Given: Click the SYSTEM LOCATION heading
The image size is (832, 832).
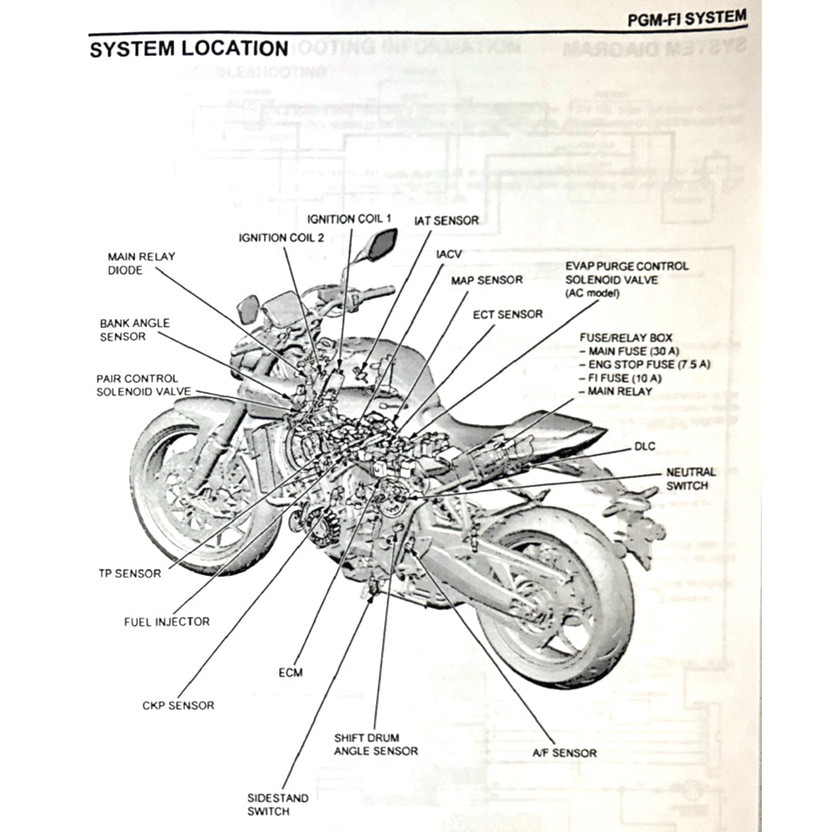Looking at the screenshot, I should (188, 49).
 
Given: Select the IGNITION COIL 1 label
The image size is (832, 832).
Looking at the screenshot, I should (349, 219).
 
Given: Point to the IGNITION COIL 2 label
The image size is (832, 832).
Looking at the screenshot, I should (281, 237).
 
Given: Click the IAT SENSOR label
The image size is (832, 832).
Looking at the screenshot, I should (445, 220).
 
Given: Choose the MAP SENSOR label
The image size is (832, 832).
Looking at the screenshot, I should (487, 280).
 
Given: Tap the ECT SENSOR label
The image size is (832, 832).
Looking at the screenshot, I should (508, 314).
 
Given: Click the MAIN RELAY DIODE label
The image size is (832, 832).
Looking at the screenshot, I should (141, 263).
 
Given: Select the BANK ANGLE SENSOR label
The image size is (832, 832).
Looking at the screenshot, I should (134, 330).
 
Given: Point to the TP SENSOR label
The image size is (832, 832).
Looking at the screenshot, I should (130, 573).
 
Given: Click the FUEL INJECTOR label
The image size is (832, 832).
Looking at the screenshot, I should (166, 621).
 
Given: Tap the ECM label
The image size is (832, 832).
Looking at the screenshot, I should (291, 672).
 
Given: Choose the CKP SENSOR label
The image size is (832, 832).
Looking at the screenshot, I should (178, 705).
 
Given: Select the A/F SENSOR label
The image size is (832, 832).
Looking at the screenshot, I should (564, 753).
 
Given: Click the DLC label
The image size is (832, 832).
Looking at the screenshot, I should (644, 445).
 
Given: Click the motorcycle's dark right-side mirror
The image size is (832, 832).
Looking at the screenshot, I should (380, 244).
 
